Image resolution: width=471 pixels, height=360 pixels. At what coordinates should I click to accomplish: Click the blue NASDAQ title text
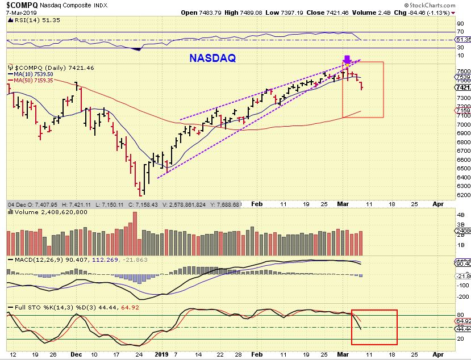[x=212, y=57]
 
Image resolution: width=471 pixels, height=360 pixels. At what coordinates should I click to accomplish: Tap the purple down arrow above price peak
[x=347, y=59]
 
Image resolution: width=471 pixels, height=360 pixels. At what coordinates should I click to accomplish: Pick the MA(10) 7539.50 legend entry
[x=33, y=74]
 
